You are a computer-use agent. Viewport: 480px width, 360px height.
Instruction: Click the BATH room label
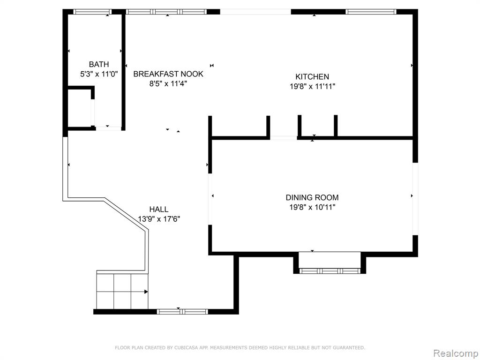(98, 64)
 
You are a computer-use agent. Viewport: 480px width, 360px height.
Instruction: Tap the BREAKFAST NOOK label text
(168, 74)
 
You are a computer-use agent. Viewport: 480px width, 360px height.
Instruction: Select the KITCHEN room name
(312, 76)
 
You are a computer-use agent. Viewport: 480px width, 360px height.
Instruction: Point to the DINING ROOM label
(312, 197)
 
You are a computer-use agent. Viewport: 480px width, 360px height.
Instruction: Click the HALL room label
(158, 210)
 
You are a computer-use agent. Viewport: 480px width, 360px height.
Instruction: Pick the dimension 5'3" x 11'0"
(98, 74)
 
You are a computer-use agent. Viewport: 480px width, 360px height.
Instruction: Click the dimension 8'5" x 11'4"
(168, 83)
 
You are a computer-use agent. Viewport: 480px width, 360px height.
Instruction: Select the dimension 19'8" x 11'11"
(312, 86)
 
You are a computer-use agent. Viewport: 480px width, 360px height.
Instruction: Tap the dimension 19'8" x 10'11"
(312, 207)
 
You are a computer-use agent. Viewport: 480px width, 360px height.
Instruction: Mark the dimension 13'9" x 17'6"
(158, 219)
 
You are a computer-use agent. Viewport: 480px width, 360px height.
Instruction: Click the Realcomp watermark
(455, 353)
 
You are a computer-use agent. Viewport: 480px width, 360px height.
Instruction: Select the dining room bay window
(330, 270)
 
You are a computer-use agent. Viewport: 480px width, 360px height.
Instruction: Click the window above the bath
(92, 12)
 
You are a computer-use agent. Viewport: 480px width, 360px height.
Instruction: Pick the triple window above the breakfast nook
(167, 12)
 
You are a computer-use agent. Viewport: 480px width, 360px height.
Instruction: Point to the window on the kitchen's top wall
(371, 12)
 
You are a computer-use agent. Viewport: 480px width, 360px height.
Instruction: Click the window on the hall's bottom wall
(182, 312)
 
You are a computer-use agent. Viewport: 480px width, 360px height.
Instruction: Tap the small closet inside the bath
(80, 107)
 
